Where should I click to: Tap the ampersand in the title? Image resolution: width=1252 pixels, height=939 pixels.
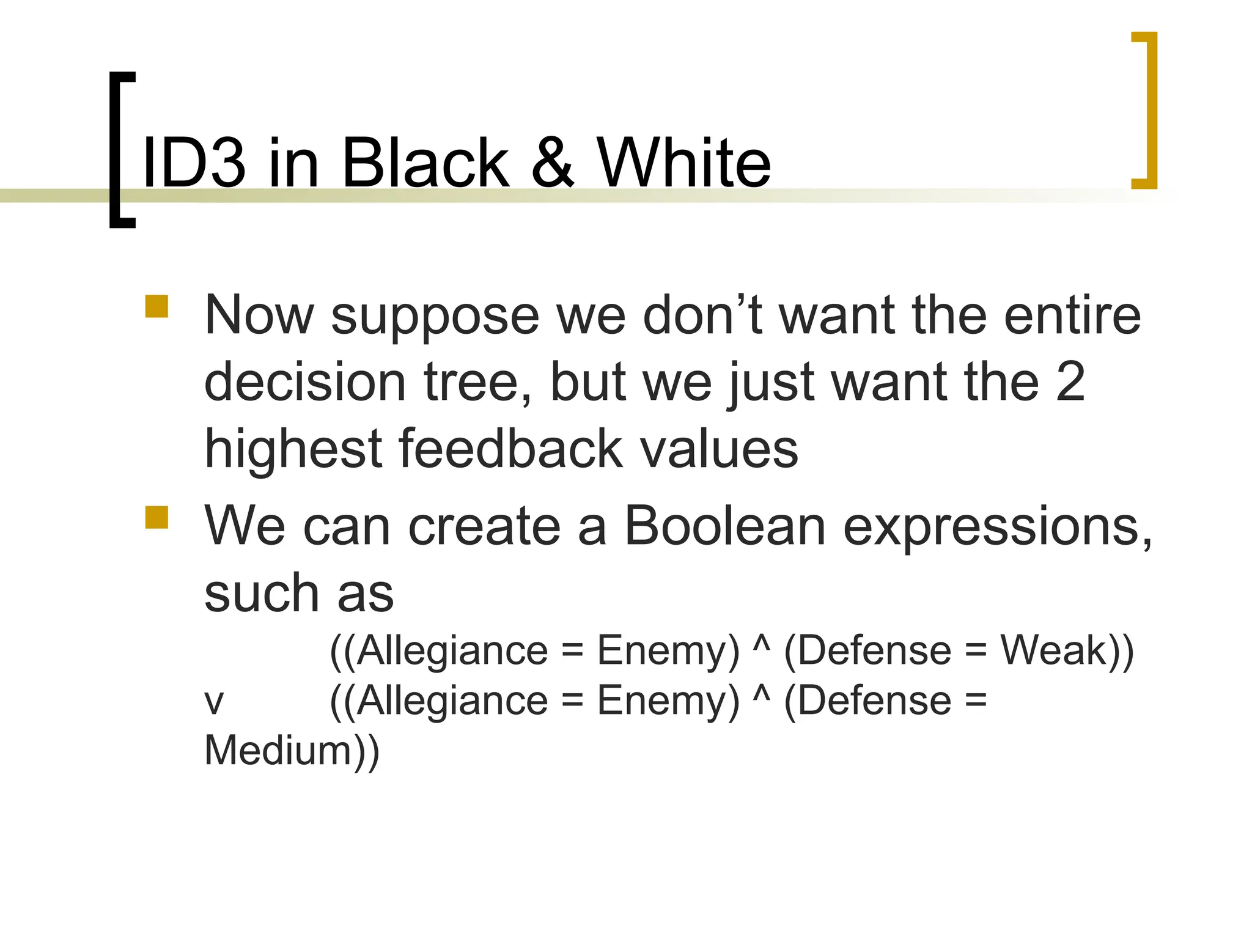pyautogui.click(x=553, y=163)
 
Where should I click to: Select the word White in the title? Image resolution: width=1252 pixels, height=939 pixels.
pyautogui.click(x=683, y=163)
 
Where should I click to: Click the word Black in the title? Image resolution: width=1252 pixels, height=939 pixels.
pyautogui.click(x=425, y=163)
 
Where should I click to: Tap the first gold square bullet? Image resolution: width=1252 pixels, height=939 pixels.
pyautogui.click(x=156, y=307)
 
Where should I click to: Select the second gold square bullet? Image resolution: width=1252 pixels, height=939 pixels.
pyautogui.click(x=156, y=517)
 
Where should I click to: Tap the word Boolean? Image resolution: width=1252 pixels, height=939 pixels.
pyautogui.click(x=725, y=526)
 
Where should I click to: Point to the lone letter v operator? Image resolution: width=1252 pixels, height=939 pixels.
pyautogui.click(x=214, y=702)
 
